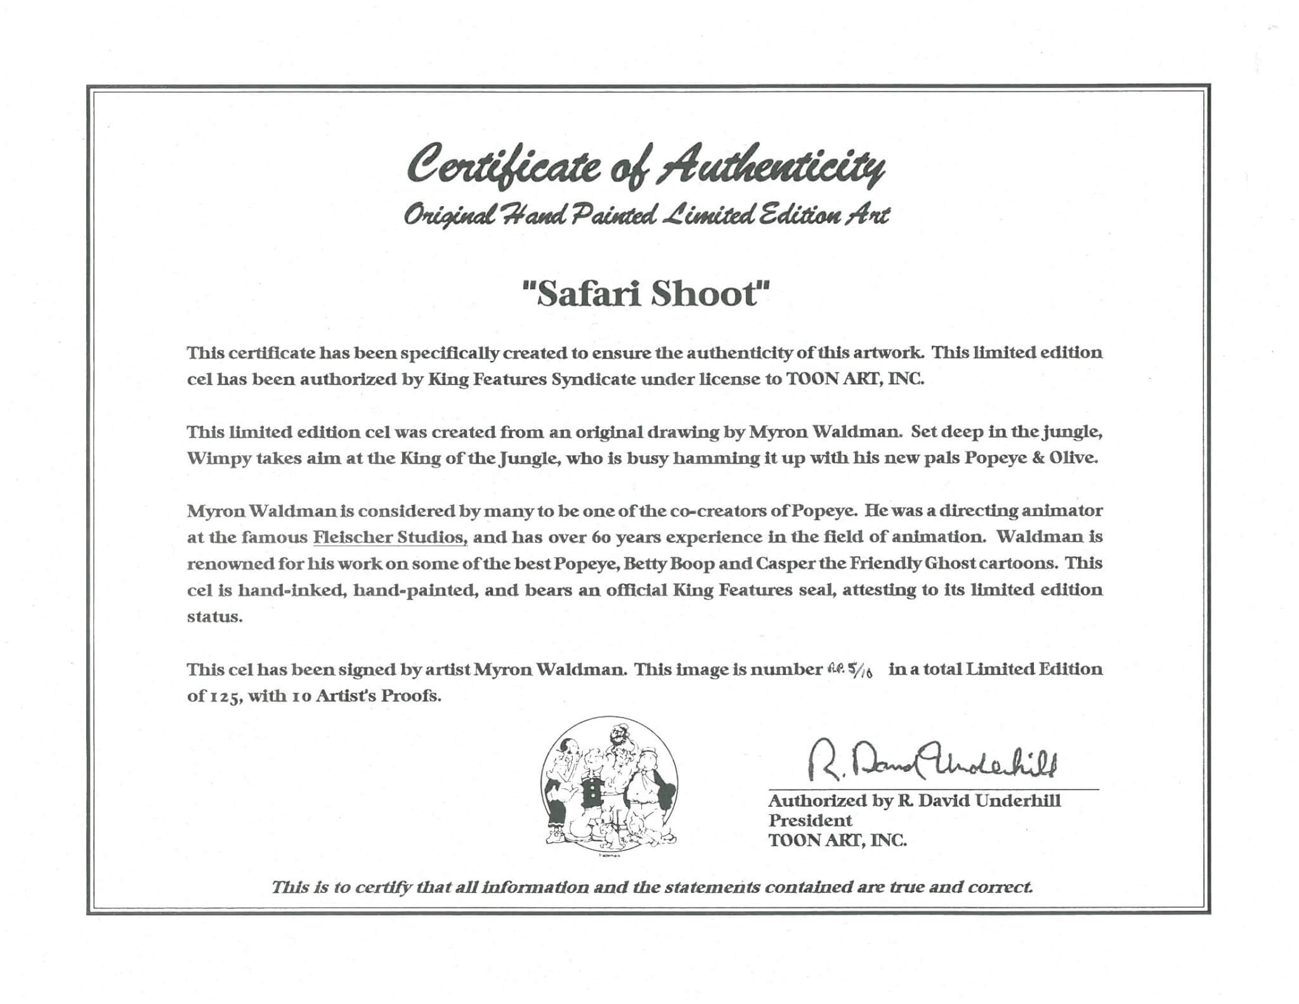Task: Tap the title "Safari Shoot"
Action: click(646, 294)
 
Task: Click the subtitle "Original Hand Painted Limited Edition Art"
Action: click(647, 216)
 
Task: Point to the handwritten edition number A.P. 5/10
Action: click(851, 671)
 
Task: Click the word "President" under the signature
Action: click(810, 820)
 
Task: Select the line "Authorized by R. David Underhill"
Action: click(914, 800)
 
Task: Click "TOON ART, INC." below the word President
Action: click(837, 840)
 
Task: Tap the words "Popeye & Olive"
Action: click(1031, 459)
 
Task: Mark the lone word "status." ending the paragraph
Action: click(214, 616)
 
